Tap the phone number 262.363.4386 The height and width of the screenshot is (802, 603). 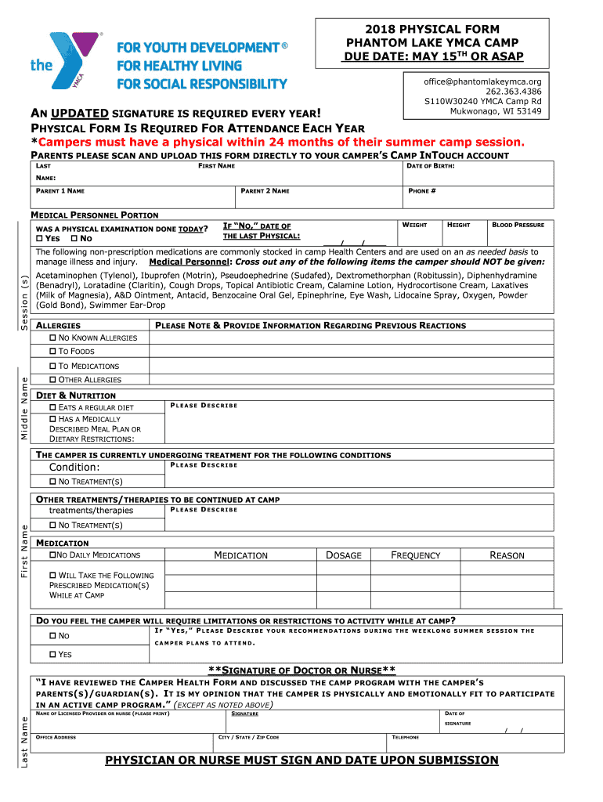(x=512, y=91)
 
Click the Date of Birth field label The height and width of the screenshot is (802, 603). (x=430, y=166)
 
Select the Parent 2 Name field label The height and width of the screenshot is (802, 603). (x=265, y=191)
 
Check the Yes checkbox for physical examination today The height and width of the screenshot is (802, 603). (x=41, y=238)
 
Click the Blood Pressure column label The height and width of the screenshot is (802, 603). (x=518, y=226)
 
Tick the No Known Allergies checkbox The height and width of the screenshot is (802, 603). (x=53, y=338)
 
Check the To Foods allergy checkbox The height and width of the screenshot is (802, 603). (x=53, y=352)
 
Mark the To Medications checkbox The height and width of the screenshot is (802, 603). (x=53, y=366)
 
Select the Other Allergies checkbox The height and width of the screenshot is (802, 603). (x=53, y=380)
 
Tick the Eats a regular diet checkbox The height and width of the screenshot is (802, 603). (x=53, y=407)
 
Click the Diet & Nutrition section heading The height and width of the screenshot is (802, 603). (x=76, y=396)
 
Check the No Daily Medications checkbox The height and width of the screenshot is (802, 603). (x=53, y=555)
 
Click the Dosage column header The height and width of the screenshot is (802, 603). (x=344, y=555)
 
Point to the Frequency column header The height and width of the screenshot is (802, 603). (x=415, y=555)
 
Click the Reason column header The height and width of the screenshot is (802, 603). (x=507, y=555)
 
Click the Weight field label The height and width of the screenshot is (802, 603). (x=414, y=226)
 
